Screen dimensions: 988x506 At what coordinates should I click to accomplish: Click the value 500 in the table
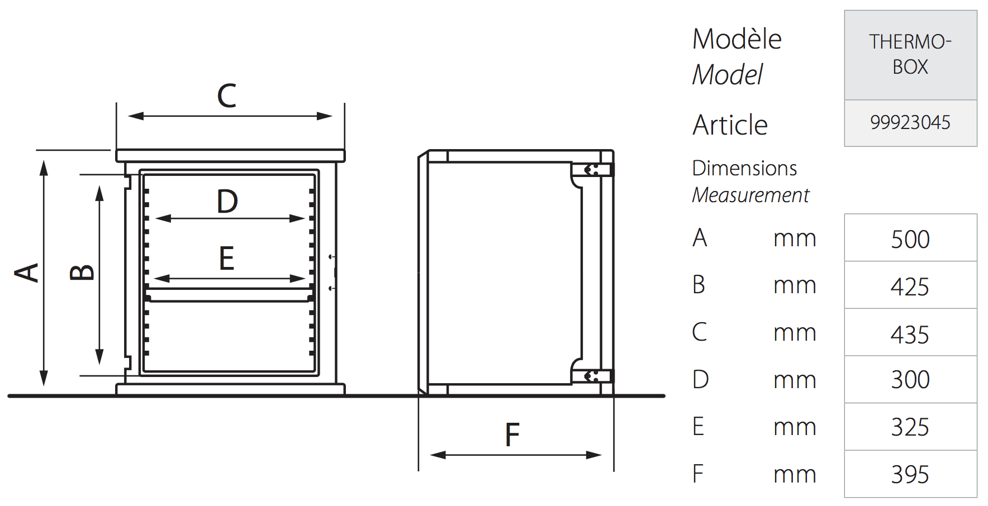910,240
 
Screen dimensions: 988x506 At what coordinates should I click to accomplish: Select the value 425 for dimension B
910,287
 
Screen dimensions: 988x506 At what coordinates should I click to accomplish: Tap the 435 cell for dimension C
910,335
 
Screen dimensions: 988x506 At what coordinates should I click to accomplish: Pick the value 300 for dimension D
910,380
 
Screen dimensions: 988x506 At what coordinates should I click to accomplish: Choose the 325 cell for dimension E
910,427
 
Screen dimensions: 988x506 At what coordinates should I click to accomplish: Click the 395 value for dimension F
910,475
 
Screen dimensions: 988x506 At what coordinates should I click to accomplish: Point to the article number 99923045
910,122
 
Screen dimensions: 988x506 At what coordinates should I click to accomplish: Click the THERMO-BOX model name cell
910,54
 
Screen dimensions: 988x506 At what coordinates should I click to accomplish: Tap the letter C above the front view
227,96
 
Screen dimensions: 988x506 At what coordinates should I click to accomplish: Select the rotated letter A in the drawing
27,273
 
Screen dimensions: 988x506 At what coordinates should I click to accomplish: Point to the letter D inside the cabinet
227,202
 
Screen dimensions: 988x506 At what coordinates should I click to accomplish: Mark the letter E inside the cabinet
226,259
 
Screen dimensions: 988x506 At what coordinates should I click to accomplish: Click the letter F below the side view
512,436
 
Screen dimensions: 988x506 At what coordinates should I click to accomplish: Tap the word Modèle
737,39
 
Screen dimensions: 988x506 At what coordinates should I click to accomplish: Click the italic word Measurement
750,195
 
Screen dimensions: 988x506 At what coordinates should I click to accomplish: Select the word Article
730,125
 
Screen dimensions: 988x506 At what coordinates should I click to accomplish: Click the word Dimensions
744,169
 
